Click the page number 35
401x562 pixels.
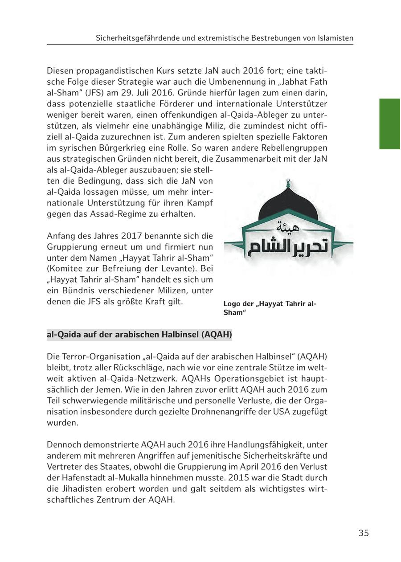click(x=364, y=533)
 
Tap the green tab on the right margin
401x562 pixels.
click(x=389, y=124)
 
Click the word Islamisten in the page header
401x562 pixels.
click(x=335, y=38)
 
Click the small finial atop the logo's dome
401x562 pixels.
click(x=288, y=183)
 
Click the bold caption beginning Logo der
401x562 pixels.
click(x=270, y=308)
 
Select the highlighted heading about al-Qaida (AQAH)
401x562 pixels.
click(x=139, y=334)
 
